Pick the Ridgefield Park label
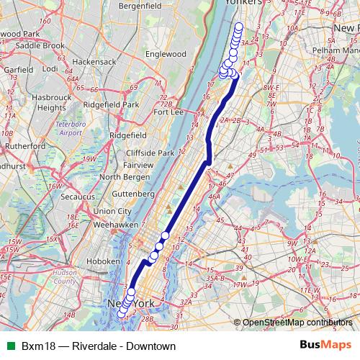point(110,104)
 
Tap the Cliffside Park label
point(150,153)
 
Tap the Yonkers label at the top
point(242,3)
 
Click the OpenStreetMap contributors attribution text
point(297,322)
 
